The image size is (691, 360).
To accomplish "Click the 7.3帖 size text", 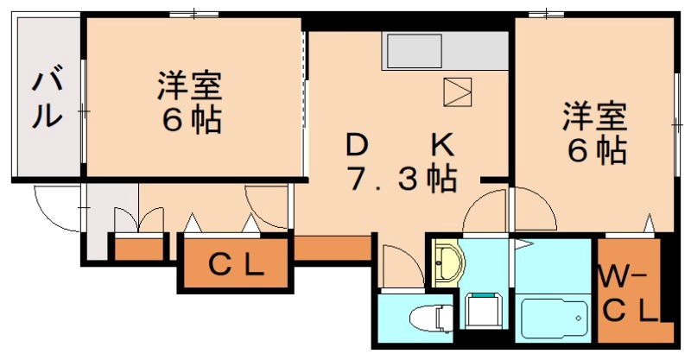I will pyautogui.click(x=402, y=179).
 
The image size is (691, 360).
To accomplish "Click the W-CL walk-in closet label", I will pyautogui.click(x=628, y=294).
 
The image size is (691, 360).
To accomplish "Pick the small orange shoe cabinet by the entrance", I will pyautogui.click(x=139, y=249).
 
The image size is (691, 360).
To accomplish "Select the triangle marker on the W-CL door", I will pyautogui.click(x=647, y=227).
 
